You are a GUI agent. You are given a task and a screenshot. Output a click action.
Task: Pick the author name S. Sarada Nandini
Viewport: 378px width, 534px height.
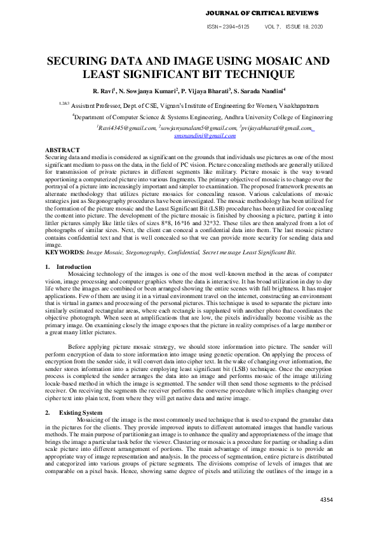[260, 91]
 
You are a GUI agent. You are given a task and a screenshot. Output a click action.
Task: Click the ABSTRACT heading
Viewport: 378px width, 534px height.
[62, 150]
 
